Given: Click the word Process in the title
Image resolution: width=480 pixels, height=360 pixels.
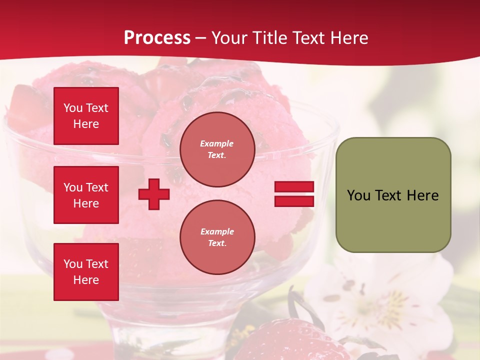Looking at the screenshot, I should tap(157, 38).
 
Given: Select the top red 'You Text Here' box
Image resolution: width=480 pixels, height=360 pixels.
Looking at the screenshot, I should tap(86, 116).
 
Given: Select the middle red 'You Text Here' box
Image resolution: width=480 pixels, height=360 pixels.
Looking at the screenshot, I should tap(86, 195).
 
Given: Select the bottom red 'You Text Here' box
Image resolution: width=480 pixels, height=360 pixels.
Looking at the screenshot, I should tap(86, 272).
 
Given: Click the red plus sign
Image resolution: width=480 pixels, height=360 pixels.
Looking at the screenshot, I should tap(154, 194).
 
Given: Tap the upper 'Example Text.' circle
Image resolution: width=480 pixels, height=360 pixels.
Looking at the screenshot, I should tap(217, 149).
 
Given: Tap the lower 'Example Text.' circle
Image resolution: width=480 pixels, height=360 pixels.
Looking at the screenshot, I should tap(217, 237).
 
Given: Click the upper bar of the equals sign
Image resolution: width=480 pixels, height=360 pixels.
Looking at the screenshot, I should tap(294, 187).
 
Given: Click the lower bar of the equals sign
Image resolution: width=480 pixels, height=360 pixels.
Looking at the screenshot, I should tap(294, 201).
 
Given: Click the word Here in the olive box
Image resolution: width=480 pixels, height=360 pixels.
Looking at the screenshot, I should tap(422, 195).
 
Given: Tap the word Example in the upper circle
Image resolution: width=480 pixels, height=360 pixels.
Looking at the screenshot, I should tap(217, 143).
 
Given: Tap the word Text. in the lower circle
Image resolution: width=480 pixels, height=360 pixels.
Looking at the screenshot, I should tap(217, 243).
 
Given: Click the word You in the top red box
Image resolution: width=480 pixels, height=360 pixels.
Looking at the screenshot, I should tap(72, 108).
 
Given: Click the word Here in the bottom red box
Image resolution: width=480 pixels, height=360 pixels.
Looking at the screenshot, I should tap(86, 280).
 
